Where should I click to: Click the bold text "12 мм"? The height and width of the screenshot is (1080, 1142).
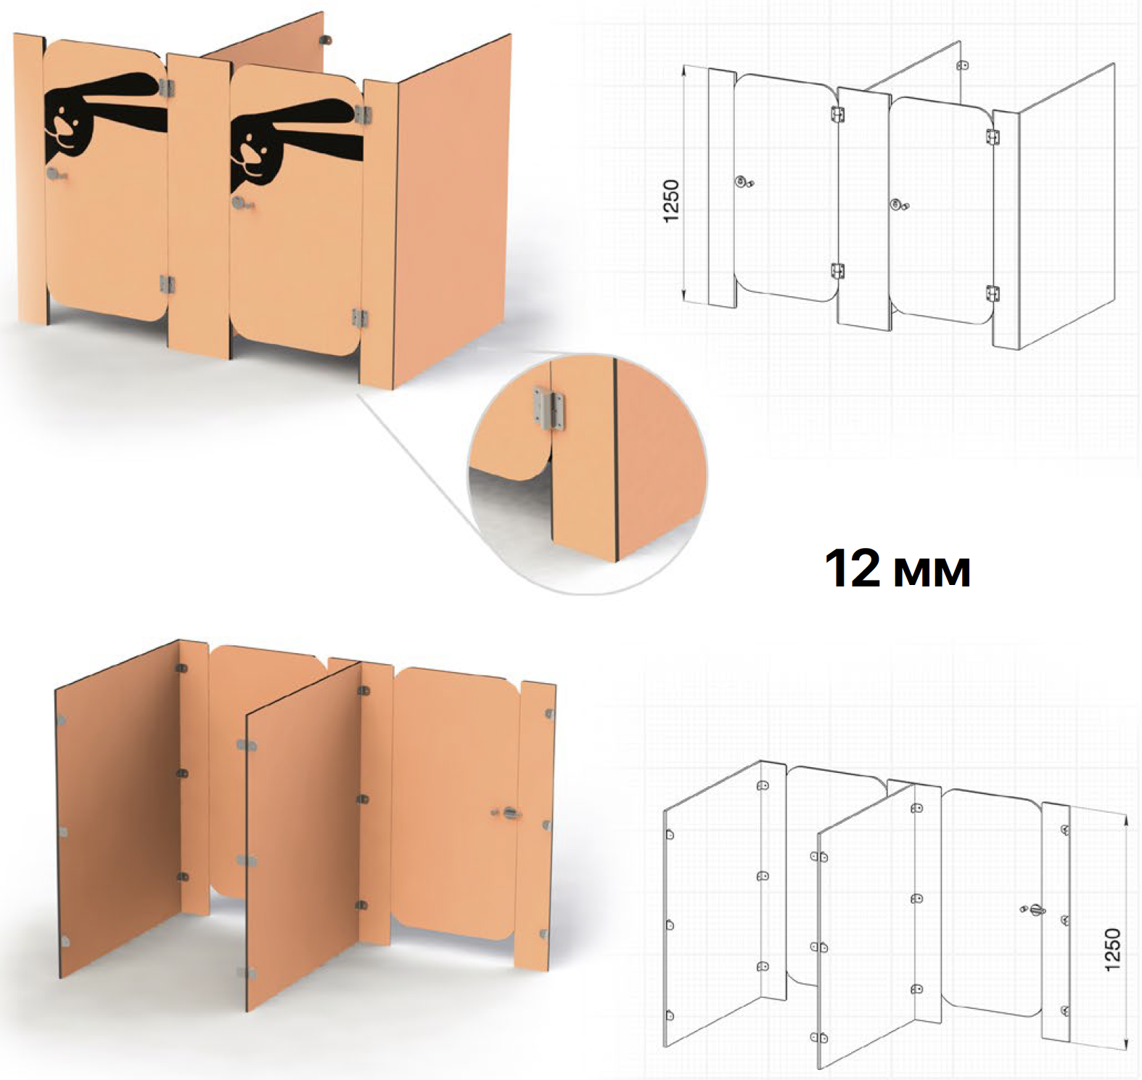coord(897,568)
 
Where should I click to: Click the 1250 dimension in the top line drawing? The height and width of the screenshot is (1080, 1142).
coord(671,201)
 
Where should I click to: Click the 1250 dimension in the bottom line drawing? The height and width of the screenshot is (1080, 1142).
coord(1112,949)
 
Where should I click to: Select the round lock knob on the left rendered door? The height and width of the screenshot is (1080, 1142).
coord(54,173)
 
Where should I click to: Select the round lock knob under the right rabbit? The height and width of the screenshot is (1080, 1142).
coord(239,202)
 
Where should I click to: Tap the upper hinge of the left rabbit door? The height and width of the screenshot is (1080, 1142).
coord(167,88)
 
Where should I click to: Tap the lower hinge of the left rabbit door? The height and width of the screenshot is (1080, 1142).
coord(167,284)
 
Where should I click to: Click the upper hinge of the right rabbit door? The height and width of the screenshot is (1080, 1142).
coord(362,114)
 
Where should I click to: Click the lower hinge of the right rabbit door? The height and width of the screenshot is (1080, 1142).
coord(360,318)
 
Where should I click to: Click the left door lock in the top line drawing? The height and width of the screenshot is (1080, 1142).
coord(743,181)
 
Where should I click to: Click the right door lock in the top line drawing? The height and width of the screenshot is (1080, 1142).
coord(899,205)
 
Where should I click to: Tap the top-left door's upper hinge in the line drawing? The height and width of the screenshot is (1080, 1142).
coord(837,115)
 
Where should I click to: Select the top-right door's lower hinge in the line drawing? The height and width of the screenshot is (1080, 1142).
coord(993,294)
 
